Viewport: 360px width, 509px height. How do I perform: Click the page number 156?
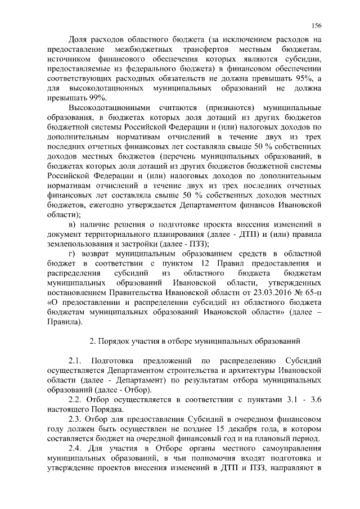(x=316, y=25)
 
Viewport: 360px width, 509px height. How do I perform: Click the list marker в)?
(x=73, y=224)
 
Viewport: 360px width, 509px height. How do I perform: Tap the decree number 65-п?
(x=309, y=292)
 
